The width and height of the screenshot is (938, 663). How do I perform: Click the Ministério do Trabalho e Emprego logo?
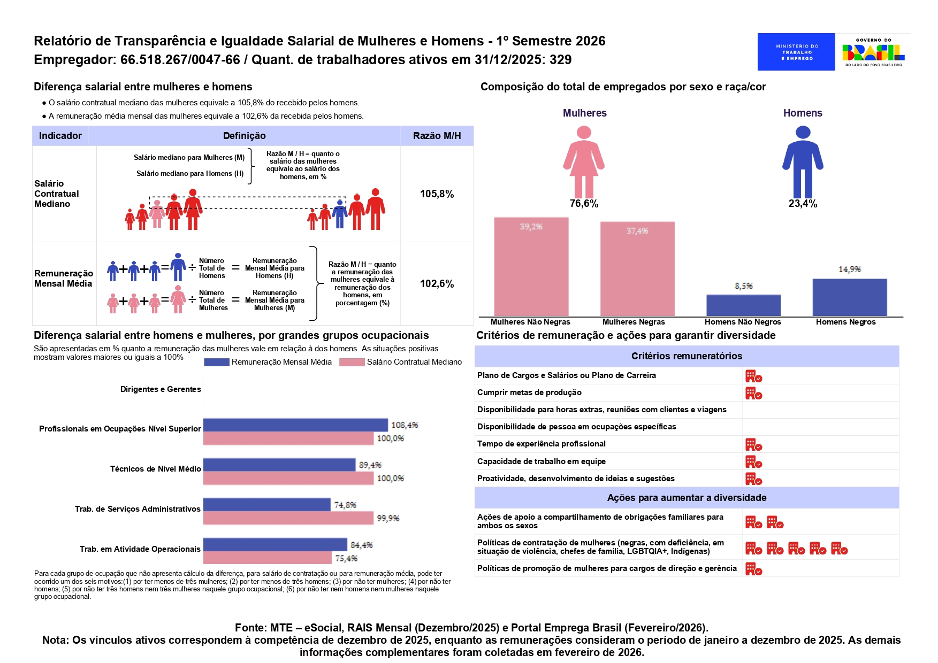pos(796,52)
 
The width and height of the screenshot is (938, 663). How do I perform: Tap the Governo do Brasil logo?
pos(873,52)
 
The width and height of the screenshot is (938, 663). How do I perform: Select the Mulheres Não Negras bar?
pos(531,266)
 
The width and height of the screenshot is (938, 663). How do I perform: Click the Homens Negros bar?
pos(849,297)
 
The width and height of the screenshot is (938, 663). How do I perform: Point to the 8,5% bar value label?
pos(743,286)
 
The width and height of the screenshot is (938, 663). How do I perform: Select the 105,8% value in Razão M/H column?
pos(437,194)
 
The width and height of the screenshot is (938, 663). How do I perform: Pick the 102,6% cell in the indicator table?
pos(437,284)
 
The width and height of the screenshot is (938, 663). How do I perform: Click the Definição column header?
pos(244,136)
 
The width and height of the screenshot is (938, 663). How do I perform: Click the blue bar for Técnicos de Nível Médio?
pos(279,465)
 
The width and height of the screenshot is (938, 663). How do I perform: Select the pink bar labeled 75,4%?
pos(267,558)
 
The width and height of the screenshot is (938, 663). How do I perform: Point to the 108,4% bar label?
pos(405,425)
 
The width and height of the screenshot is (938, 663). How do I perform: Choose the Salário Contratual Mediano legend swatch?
pos(352,362)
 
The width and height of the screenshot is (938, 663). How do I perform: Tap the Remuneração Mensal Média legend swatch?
pos(216,362)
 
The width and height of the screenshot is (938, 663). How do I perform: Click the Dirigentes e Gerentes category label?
pos(161,389)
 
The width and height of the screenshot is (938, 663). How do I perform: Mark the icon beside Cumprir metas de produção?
pos(753,394)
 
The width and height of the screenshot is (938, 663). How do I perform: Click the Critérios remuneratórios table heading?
pos(687,356)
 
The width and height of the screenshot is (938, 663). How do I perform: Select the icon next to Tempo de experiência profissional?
pos(753,445)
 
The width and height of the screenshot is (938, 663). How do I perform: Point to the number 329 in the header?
pos(560,59)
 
